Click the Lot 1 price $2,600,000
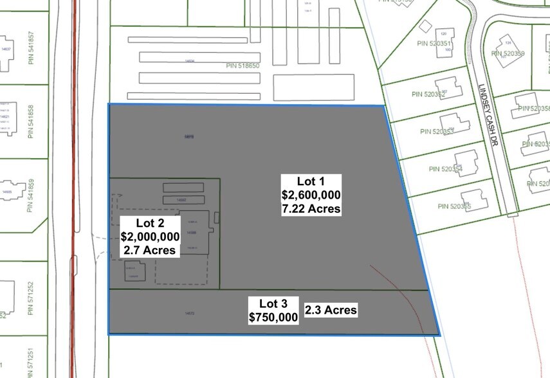click(311, 195)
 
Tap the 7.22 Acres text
click(311, 209)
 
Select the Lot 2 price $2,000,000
click(151, 237)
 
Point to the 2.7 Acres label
click(151, 250)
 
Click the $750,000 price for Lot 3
click(273, 317)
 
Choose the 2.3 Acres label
click(331, 310)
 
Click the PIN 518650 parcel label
click(243, 66)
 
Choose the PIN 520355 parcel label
click(455, 206)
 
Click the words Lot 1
click(311, 181)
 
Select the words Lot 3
click(273, 303)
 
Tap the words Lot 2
click(151, 223)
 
